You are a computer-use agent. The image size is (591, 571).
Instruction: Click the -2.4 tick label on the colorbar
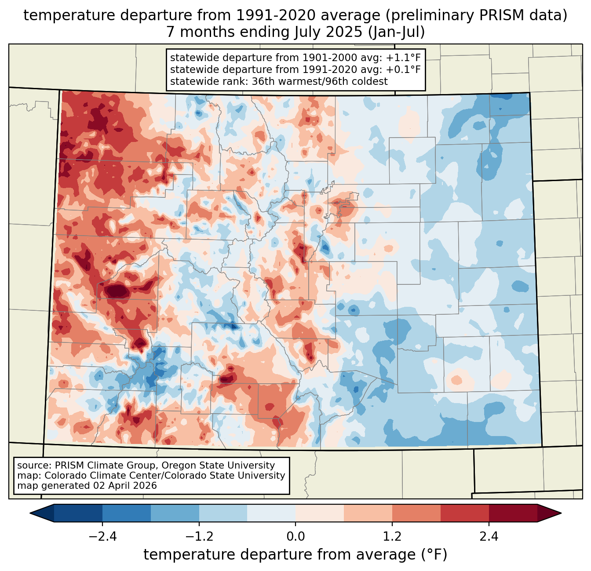102,537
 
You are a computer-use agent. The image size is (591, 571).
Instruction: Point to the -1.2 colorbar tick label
199,537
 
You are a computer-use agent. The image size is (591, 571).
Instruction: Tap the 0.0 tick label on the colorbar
295,537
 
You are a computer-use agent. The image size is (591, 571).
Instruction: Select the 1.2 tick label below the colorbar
392,537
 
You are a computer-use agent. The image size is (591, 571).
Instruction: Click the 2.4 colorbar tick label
489,537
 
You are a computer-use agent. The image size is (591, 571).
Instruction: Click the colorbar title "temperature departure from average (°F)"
295,555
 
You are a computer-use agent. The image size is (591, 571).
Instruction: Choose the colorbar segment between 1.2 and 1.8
416,513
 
